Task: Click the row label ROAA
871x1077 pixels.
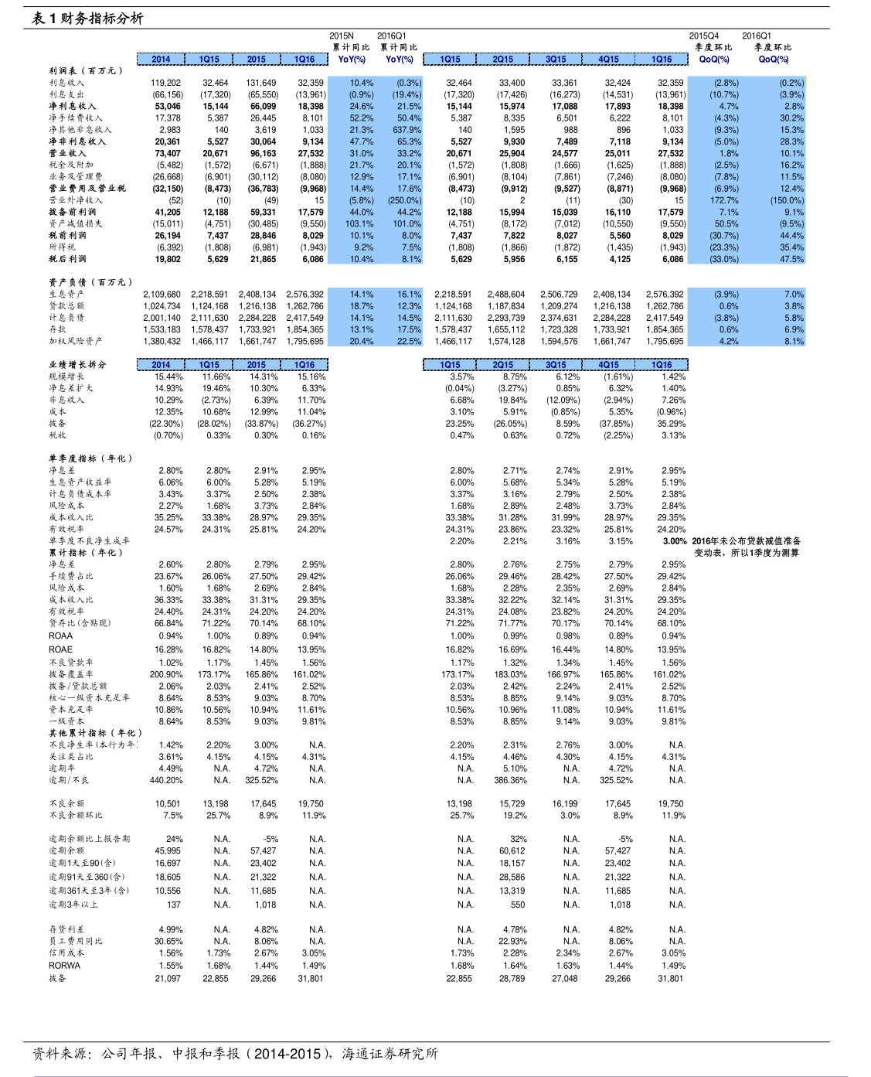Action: (60, 636)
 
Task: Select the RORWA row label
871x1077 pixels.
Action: (64, 966)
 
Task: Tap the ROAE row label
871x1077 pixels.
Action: (60, 649)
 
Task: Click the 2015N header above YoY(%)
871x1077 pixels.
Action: (341, 36)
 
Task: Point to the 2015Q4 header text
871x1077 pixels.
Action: (703, 36)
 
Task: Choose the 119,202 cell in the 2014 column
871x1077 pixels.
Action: (165, 83)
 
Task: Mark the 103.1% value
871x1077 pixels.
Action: (359, 223)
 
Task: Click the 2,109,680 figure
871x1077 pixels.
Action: (162, 294)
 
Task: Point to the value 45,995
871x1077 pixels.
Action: (168, 850)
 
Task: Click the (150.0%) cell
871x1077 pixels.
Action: (787, 200)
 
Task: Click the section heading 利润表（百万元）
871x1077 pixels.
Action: (86, 70)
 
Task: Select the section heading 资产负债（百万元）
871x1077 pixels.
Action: (90, 282)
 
